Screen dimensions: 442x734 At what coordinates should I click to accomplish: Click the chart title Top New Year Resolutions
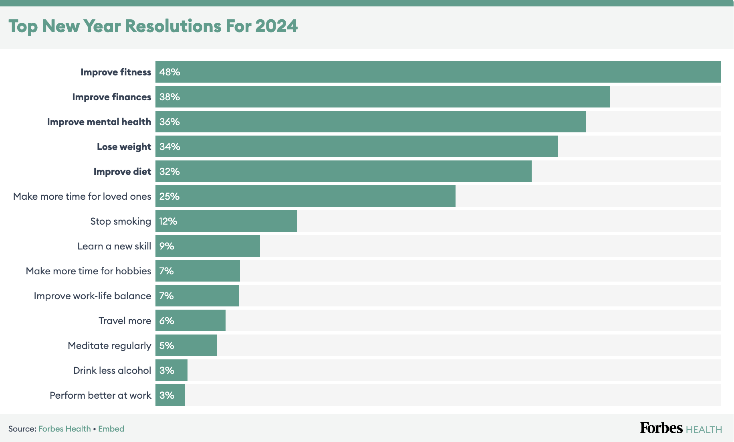tap(153, 26)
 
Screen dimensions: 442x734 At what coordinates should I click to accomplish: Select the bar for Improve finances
tap(383, 97)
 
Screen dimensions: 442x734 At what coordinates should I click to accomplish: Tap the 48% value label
tap(169, 72)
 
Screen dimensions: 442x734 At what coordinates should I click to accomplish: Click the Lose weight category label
tap(124, 147)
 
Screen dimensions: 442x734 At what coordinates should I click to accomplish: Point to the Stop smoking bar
tap(226, 221)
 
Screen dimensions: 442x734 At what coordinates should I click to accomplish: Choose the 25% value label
tap(169, 197)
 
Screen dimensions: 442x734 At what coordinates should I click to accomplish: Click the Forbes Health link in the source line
tap(65, 429)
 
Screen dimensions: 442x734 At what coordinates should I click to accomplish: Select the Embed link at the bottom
tap(111, 429)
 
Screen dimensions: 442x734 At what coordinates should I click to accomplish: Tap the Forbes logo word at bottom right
tap(661, 428)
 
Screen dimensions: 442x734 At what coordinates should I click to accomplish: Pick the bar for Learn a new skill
tap(208, 246)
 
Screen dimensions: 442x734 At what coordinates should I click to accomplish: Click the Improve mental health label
tap(99, 122)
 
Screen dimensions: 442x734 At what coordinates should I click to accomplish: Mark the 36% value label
tap(169, 122)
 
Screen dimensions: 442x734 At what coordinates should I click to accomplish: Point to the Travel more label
tap(125, 321)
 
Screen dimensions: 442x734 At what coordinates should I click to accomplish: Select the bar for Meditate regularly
tap(186, 345)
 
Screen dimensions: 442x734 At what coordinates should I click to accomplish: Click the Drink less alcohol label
tap(112, 371)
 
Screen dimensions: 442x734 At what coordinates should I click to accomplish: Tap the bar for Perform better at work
tap(170, 395)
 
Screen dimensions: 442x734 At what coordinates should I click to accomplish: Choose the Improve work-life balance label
tap(92, 296)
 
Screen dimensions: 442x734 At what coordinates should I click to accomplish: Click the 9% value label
tap(167, 246)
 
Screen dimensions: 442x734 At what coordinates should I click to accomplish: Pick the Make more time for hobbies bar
tap(198, 271)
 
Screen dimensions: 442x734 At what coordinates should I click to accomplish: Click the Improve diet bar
tap(343, 171)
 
